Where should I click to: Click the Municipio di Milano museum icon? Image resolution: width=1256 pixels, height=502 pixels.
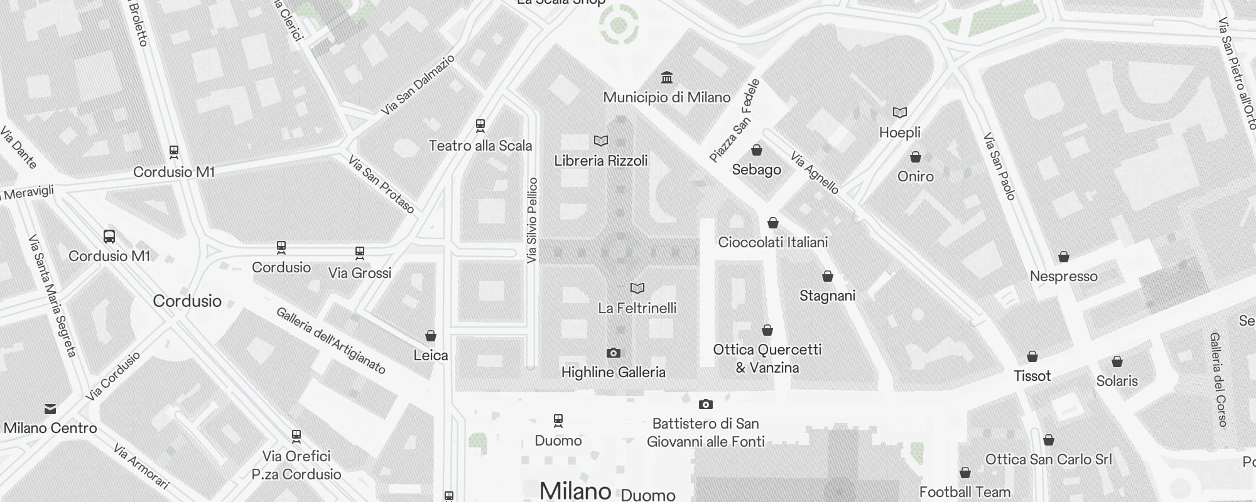click(x=667, y=78)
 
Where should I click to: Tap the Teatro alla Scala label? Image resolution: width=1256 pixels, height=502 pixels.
click(x=480, y=146)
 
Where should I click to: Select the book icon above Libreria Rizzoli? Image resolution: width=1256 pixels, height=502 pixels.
click(x=601, y=141)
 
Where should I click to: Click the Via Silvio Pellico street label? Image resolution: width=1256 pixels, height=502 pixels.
click(x=533, y=220)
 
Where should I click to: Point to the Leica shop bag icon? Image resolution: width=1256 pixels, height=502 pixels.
click(x=431, y=336)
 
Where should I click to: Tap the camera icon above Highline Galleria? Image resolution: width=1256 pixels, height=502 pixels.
click(x=614, y=353)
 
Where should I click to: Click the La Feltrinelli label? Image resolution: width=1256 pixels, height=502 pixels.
click(x=637, y=308)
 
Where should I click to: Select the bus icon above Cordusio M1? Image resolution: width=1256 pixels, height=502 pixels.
click(x=109, y=237)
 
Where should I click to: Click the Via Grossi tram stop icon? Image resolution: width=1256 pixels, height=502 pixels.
click(x=360, y=253)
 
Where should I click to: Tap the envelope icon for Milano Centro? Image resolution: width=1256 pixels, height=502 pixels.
click(x=50, y=409)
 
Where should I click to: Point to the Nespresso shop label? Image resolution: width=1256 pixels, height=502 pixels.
click(x=1064, y=277)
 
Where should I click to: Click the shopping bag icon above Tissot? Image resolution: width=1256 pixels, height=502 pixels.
click(x=1032, y=356)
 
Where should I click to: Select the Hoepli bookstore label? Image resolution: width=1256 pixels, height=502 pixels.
click(x=900, y=132)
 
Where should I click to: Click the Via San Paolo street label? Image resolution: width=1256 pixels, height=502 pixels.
click(x=999, y=166)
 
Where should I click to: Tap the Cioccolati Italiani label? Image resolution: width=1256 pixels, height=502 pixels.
click(x=773, y=242)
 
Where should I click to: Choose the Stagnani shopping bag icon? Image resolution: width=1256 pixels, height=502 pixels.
click(x=828, y=276)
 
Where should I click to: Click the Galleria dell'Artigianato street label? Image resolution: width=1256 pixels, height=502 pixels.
click(x=331, y=341)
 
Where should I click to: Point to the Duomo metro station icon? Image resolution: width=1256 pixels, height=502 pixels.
click(x=558, y=420)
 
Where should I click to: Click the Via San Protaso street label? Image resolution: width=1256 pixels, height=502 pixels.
click(x=381, y=184)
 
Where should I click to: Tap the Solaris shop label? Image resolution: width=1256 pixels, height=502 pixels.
click(x=1117, y=381)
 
